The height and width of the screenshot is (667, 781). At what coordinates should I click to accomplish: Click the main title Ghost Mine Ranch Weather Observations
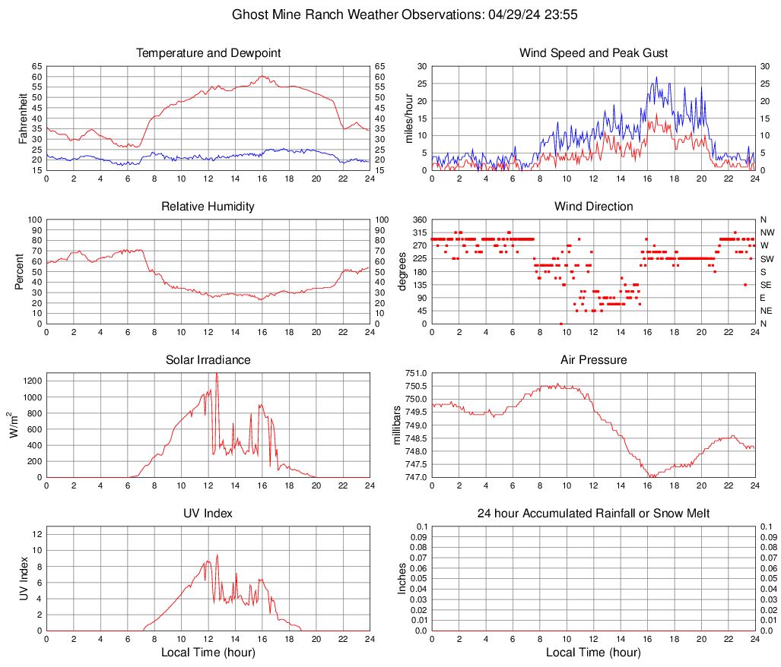point(390,14)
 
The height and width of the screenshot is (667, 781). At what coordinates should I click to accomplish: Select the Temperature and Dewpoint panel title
point(208,53)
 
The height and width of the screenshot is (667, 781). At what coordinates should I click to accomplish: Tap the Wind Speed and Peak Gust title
point(593,53)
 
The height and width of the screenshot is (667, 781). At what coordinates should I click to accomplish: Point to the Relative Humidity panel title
point(208,207)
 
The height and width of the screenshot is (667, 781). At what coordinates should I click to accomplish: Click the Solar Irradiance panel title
point(208,360)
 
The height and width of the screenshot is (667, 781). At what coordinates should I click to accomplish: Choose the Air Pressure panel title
point(593,360)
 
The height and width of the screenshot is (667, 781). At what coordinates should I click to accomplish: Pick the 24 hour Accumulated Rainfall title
point(593,514)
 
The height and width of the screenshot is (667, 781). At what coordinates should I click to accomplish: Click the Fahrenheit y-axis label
point(23,119)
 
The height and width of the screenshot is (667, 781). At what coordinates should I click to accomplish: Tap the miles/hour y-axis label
point(409,119)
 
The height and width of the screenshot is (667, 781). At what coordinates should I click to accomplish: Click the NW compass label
point(767,232)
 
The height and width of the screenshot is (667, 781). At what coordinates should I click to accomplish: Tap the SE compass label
point(766,285)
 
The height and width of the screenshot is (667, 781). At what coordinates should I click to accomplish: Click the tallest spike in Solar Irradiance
point(217,374)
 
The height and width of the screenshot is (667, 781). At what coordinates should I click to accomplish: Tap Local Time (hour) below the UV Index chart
point(208,653)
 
